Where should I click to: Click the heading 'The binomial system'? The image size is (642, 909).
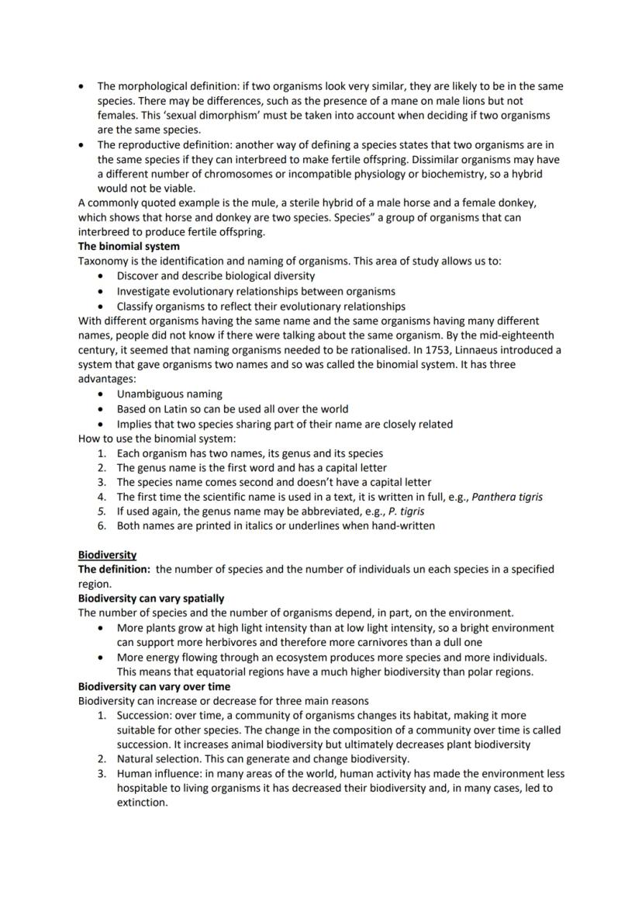tap(129, 247)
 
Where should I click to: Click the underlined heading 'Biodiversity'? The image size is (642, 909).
tap(107, 555)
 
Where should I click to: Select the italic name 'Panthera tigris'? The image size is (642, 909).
tap(507, 497)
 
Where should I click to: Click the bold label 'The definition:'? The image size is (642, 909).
tap(114, 569)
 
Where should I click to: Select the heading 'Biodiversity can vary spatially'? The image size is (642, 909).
tap(151, 598)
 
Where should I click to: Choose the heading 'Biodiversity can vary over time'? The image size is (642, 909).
tap(154, 686)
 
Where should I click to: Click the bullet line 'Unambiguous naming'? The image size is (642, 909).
tap(169, 394)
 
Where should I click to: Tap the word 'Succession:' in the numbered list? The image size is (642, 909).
tap(144, 716)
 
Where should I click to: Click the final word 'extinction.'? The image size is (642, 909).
tap(142, 803)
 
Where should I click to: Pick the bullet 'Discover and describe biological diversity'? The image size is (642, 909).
tap(216, 276)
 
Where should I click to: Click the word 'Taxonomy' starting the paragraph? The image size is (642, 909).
tap(103, 262)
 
